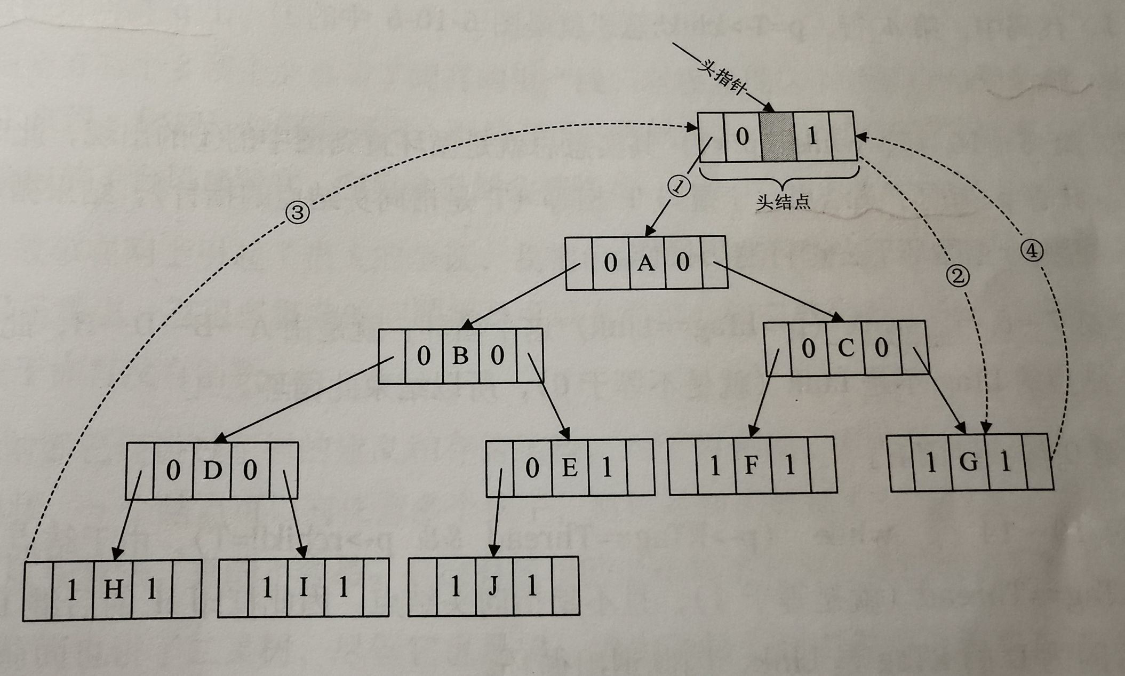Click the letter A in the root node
(646, 263)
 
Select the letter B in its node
(460, 356)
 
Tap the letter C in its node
(846, 348)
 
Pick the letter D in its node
(212, 471)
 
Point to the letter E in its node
(570, 468)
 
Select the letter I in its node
(304, 587)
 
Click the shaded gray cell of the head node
(777, 137)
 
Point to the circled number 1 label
(679, 187)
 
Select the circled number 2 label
(958, 276)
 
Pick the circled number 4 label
(1032, 250)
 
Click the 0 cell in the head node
(742, 137)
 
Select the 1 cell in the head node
(812, 137)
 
